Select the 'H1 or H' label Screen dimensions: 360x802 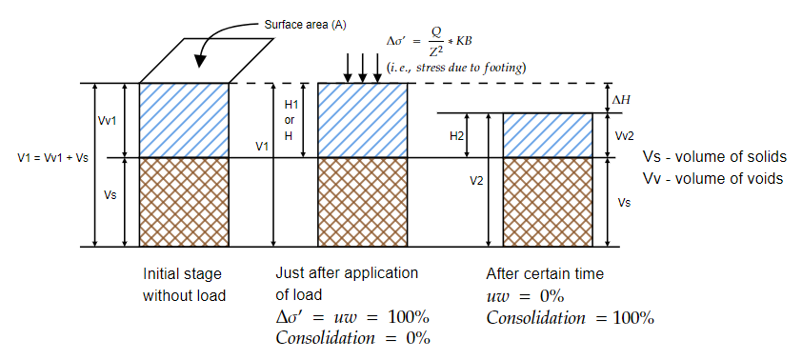290,119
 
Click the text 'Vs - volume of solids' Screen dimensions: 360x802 702,157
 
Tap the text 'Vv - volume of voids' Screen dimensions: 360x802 700,178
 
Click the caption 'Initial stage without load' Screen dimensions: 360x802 185,284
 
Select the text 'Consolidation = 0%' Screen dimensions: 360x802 352,338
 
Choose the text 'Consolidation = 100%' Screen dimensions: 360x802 570,318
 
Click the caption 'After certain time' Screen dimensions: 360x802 544,273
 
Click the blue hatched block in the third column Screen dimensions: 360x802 547,135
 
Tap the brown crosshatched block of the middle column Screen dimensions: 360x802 362,202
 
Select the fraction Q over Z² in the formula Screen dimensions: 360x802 435,42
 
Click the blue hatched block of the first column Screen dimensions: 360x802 184,120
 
